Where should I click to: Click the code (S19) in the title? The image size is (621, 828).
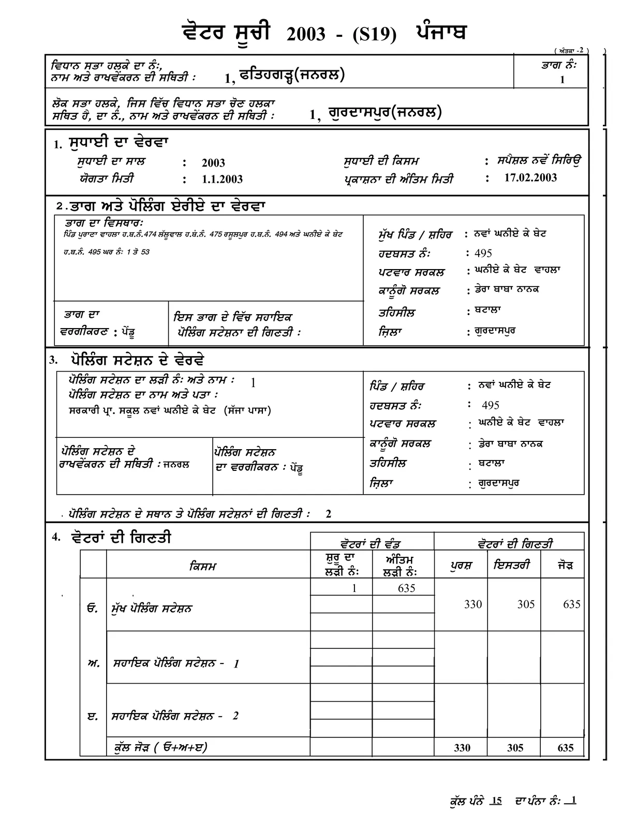[375, 35]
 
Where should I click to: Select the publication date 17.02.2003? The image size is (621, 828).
[530, 178]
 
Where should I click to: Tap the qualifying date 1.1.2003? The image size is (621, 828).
[222, 179]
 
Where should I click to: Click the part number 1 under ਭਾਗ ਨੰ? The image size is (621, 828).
[562, 80]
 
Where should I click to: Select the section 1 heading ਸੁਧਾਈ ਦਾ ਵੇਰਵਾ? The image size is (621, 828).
[119, 142]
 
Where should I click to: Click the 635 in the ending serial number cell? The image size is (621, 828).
[407, 588]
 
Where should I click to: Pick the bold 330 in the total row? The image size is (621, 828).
[462, 748]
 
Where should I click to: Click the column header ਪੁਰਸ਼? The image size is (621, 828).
[461, 566]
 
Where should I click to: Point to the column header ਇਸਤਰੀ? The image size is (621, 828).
[511, 565]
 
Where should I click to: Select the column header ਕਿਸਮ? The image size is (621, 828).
[203, 566]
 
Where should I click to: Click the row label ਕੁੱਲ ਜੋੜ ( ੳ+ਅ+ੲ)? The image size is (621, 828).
[161, 747]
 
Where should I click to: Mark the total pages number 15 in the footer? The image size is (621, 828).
[496, 801]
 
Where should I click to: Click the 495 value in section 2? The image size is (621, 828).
[483, 253]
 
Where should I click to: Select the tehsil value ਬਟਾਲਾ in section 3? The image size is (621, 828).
[492, 463]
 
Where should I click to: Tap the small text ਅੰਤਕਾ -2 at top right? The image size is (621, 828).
[571, 50]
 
